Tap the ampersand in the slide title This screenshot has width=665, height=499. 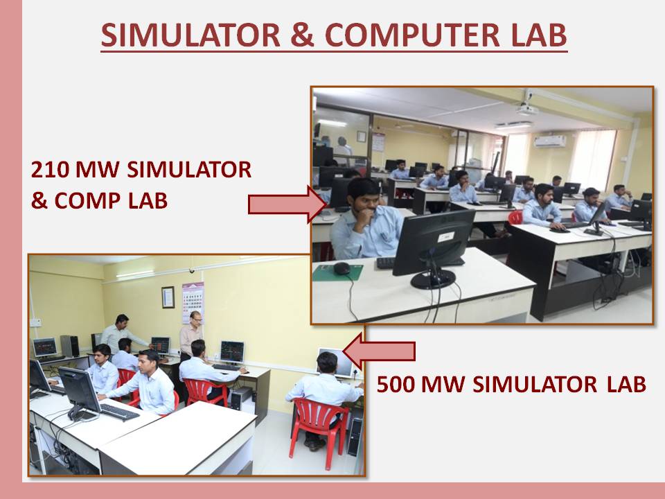click(303, 35)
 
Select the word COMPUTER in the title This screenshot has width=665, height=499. click(412, 35)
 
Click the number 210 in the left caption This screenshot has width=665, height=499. click(50, 170)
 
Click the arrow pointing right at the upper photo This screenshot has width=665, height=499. click(287, 204)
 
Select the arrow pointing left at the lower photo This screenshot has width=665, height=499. click(379, 351)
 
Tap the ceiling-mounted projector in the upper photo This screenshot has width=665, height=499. click(528, 109)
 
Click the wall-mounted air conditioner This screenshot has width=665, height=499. click(549, 141)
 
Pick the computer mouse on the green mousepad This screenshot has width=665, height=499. click(342, 268)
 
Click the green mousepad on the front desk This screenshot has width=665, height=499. click(338, 272)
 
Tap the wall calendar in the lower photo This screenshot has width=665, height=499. click(193, 302)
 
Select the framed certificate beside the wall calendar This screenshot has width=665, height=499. click(168, 297)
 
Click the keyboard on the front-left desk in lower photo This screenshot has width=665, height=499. click(120, 411)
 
